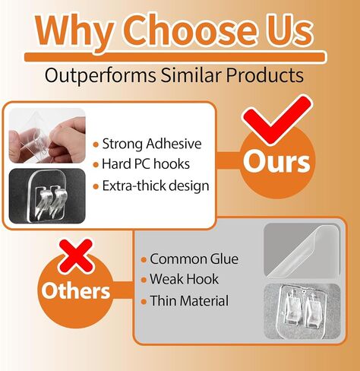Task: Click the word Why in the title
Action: pos(74,32)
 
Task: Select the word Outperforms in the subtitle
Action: pos(100,76)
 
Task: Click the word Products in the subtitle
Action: pos(264,75)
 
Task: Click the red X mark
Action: pos(76,256)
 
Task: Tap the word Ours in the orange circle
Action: pos(276,162)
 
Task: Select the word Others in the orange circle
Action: pos(76,290)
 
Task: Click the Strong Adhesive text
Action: pos(152,144)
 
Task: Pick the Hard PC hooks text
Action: pos(146,164)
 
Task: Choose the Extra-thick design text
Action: pos(156,185)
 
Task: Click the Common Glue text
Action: pos(194,259)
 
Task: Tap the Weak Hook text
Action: pos(184,279)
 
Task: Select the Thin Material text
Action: pos(189,301)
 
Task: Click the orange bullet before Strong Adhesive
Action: pos(96,144)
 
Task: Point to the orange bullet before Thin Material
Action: pos(144,302)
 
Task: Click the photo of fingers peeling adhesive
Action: pos(47,135)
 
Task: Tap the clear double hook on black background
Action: pos(47,196)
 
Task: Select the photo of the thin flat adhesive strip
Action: pos(302,250)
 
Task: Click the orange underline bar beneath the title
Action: pos(175,57)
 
